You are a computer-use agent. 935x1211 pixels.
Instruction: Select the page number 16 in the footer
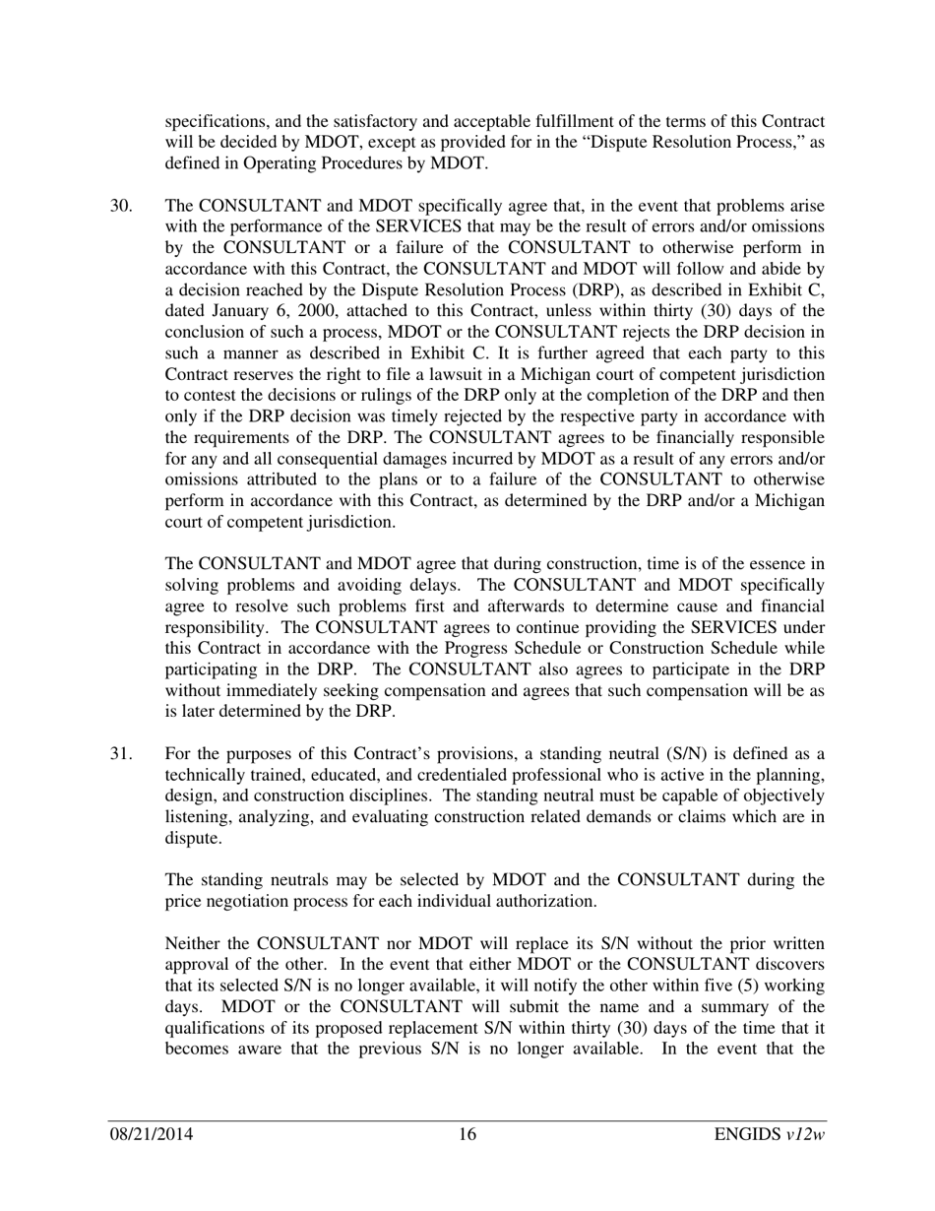(x=467, y=1135)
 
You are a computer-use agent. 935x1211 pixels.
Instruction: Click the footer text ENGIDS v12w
(x=770, y=1135)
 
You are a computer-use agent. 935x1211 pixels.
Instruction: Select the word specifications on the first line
(x=218, y=121)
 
